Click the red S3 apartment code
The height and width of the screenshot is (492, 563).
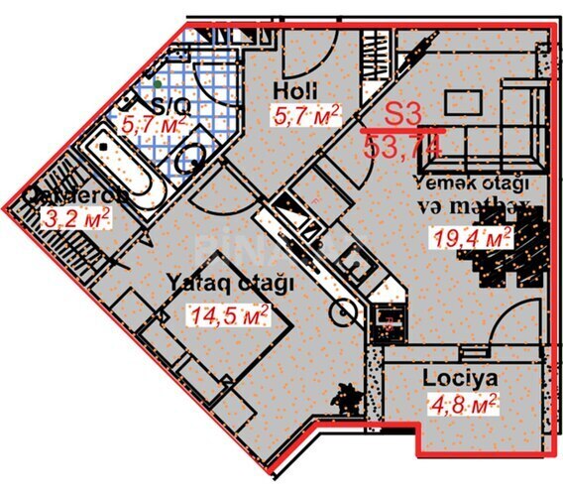coord(403,113)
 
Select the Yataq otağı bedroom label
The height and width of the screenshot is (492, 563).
coord(232,283)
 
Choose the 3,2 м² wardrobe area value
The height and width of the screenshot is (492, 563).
coord(75,215)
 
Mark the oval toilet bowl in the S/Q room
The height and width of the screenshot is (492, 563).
coord(192,159)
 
